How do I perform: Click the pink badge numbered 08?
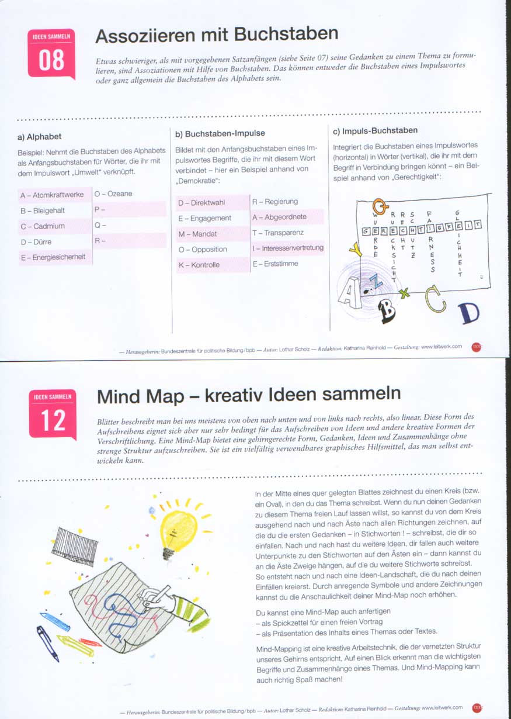[x=51, y=53]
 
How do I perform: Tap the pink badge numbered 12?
[x=53, y=414]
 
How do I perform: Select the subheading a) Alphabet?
[x=40, y=137]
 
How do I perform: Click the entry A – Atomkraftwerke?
[x=52, y=195]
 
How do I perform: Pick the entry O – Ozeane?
[x=113, y=193]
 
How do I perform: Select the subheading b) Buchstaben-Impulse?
[x=220, y=134]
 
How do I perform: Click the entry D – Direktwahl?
[x=200, y=203]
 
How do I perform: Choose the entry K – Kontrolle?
[x=199, y=265]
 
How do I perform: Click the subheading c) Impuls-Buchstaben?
[x=375, y=130]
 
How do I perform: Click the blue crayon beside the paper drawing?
[x=54, y=621]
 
